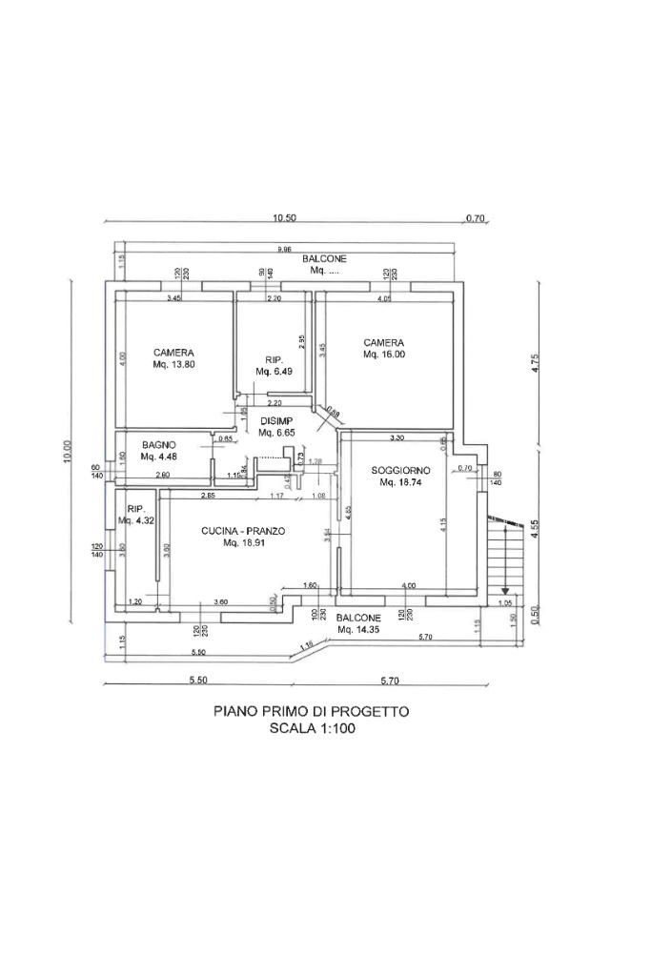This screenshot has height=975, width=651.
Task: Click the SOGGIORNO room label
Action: click(x=401, y=471)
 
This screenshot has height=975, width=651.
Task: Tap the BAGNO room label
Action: click(x=158, y=445)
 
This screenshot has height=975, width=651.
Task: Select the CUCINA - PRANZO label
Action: click(x=243, y=531)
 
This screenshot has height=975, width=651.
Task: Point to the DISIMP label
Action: click(x=275, y=420)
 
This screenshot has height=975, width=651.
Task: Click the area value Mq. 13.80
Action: click(x=174, y=364)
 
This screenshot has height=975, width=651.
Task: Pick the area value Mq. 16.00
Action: click(x=384, y=355)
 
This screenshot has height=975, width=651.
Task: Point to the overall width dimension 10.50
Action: click(x=284, y=218)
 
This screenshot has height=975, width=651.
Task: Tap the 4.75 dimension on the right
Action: click(x=536, y=364)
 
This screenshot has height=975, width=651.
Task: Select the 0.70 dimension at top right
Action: click(x=475, y=218)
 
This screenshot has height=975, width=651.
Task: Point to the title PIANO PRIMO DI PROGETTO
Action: click(x=311, y=711)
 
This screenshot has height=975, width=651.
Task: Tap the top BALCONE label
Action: click(x=325, y=259)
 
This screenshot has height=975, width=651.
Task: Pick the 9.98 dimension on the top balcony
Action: click(x=284, y=250)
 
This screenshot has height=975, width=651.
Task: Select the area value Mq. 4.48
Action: click(x=159, y=457)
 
